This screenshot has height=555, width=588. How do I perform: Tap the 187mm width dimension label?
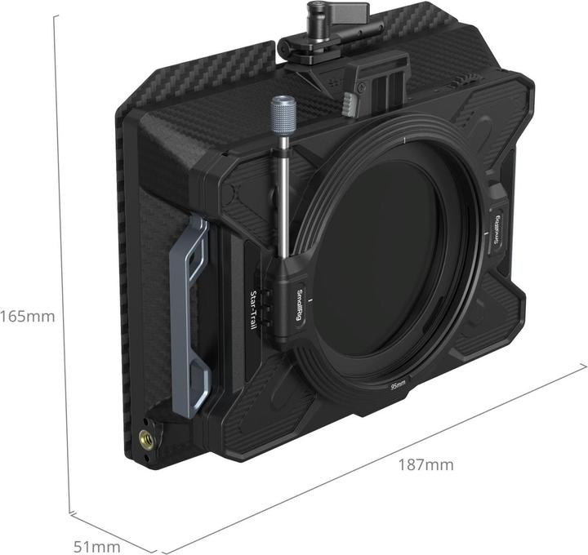tap(425, 466)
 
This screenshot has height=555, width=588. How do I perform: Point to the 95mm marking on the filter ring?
tap(399, 384)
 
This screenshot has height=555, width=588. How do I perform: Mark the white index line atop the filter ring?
tap(404, 141)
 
